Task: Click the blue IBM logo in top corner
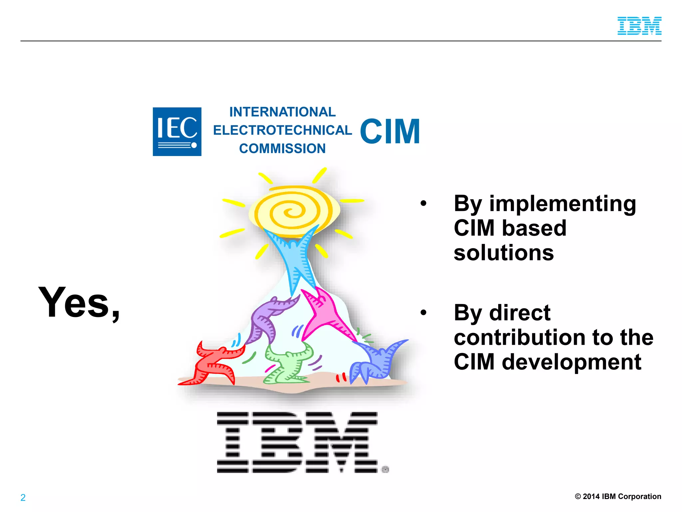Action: [x=639, y=26]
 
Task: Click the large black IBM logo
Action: [x=297, y=442]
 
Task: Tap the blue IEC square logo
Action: [x=177, y=132]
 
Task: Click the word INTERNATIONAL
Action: [x=282, y=112]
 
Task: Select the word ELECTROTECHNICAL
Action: [x=282, y=130]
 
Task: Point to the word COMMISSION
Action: [x=282, y=149]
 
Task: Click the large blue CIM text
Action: [x=390, y=132]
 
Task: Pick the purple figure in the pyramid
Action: [x=266, y=320]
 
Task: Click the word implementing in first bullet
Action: [x=562, y=204]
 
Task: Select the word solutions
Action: [x=504, y=253]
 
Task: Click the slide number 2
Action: [x=23, y=498]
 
